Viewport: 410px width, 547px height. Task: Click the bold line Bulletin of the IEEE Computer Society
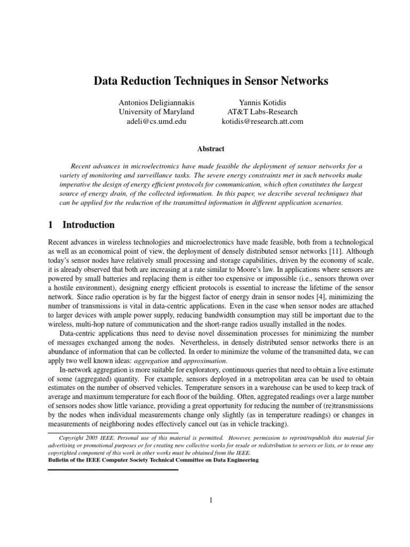[153, 459]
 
